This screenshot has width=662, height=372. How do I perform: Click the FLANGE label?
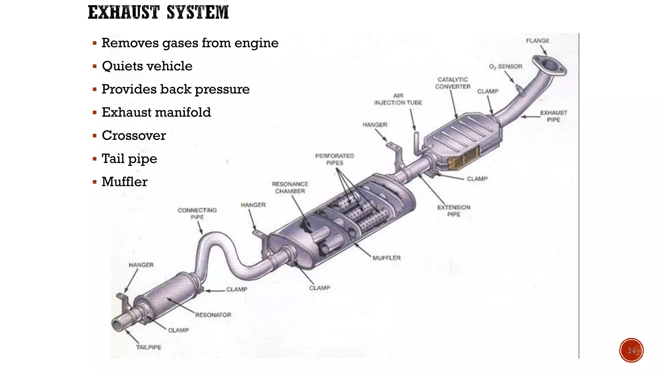pos(538,41)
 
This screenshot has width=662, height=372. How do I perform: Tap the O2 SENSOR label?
pos(506,67)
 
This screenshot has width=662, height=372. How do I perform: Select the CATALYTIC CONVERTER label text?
pos(453,83)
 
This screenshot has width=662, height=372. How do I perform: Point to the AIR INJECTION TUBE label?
pos(398,99)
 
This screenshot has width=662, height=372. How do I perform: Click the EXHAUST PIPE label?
pos(553,116)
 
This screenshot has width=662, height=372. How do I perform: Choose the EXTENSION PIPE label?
pos(454,211)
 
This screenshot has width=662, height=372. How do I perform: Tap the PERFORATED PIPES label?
pos(335,159)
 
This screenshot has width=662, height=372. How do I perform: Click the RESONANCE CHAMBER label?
pos(290,187)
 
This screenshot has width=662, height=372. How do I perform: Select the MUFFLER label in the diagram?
pos(386,258)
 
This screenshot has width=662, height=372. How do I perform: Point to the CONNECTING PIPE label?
pos(197,213)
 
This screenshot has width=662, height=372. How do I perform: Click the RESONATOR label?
pos(213,315)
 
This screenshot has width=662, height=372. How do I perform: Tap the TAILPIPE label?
pos(148,347)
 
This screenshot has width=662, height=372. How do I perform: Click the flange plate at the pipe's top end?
pos(549,65)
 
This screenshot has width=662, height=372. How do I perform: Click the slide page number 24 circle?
pos(631,350)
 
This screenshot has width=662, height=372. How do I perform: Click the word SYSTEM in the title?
pos(198,13)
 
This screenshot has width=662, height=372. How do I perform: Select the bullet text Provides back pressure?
pos(176,89)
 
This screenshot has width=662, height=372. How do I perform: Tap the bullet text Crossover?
pos(133,135)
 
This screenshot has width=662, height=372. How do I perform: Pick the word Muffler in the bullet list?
pos(124,181)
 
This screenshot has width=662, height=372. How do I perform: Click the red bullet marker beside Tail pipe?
pos(95,159)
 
